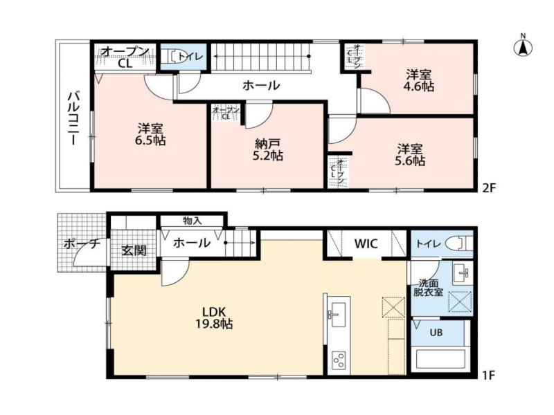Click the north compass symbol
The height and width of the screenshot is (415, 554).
(x=523, y=46)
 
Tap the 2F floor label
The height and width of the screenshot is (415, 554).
(x=489, y=187)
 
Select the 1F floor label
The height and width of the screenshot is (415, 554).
(x=488, y=375)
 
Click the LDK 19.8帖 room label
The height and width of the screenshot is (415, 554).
(x=214, y=317)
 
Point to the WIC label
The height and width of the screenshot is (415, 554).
(x=366, y=243)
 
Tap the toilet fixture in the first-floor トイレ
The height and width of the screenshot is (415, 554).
(x=458, y=243)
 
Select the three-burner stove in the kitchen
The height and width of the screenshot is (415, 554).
(x=339, y=360)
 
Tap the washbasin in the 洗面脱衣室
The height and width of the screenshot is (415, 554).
(x=462, y=273)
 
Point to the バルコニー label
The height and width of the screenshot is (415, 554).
(x=73, y=118)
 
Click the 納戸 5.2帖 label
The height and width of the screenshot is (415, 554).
(x=267, y=150)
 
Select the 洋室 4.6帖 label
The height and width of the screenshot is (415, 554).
(x=420, y=80)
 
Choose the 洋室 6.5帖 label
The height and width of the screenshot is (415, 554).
(x=150, y=134)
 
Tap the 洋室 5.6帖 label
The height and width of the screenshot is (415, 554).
(x=410, y=154)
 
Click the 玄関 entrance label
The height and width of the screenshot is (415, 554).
(x=134, y=250)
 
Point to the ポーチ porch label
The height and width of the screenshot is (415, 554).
(x=80, y=244)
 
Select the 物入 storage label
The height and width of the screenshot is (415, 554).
(x=193, y=221)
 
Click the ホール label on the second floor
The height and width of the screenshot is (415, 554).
(x=262, y=85)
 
